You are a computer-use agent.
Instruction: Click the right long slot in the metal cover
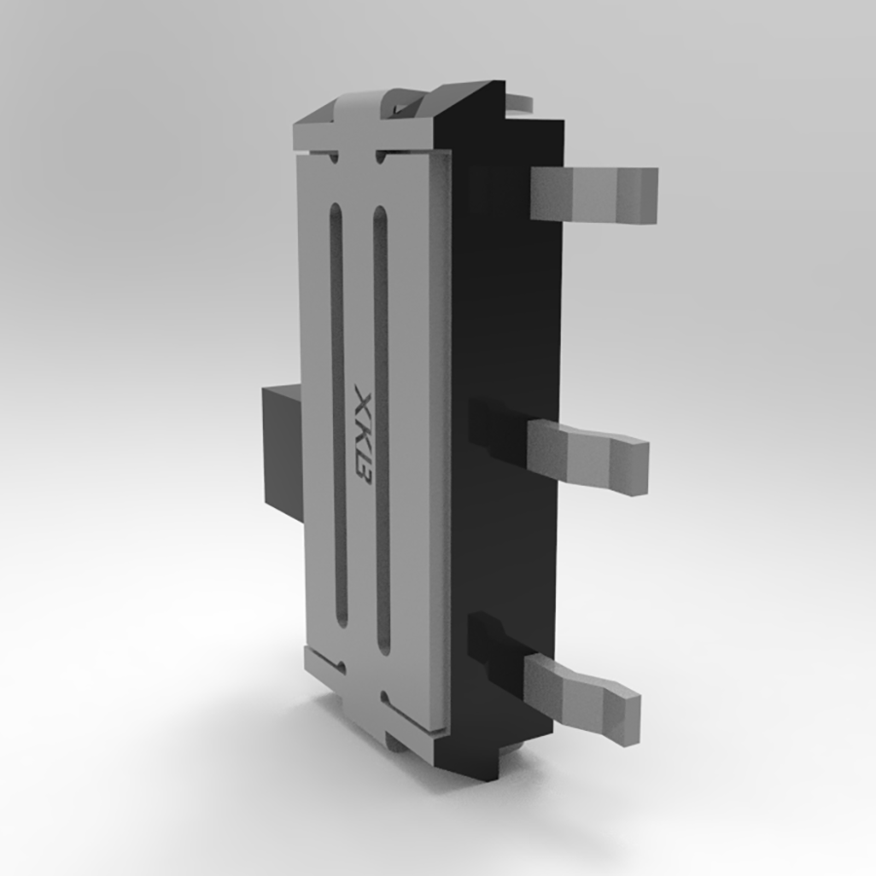click(382, 428)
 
